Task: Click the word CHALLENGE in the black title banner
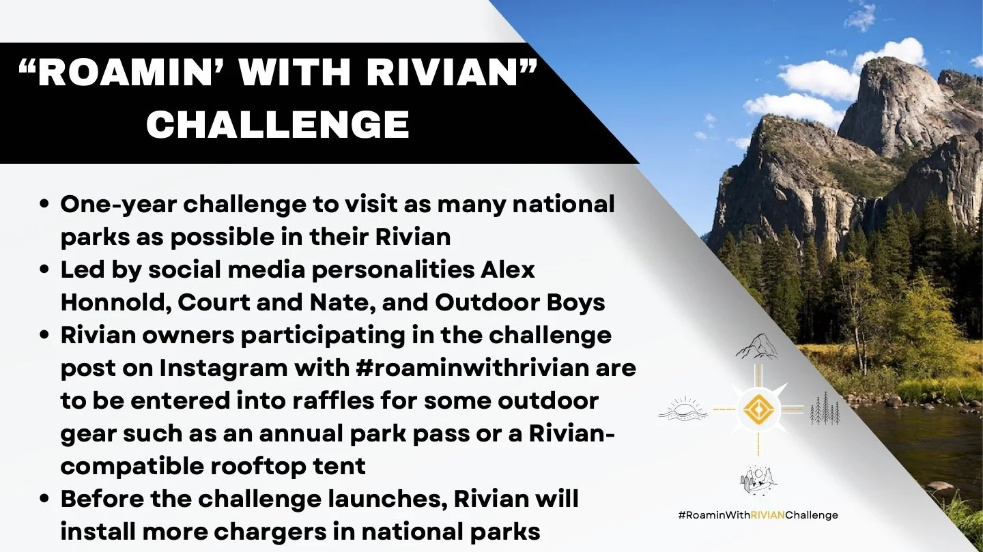tap(278, 125)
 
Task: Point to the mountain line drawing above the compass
tap(756, 346)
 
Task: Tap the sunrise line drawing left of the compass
tap(683, 409)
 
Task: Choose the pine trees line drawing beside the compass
tap(825, 409)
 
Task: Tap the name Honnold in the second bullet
tap(114, 302)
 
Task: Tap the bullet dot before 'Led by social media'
tap(44, 270)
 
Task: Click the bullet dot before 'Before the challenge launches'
tap(44, 499)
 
